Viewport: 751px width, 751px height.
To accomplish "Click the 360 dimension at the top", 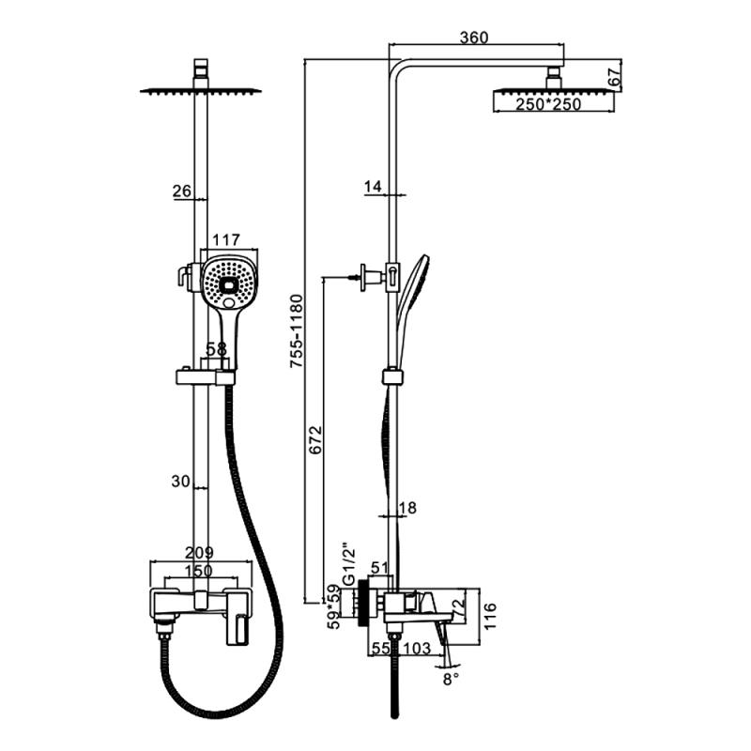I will tap(475, 38).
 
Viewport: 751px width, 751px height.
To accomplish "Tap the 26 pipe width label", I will tap(182, 192).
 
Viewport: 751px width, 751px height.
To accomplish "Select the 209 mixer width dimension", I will tap(199, 552).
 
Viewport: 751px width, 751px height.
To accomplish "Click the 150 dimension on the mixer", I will tap(199, 570).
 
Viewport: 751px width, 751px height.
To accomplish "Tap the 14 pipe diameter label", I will tap(372, 187).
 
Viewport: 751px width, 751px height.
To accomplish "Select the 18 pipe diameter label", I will tap(407, 508).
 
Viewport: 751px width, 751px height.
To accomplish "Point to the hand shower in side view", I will tap(413, 286).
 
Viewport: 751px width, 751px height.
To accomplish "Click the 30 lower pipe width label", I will tap(182, 481).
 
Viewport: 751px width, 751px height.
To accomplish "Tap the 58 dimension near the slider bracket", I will tap(216, 348).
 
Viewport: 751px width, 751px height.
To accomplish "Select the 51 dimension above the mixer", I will tap(380, 567).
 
